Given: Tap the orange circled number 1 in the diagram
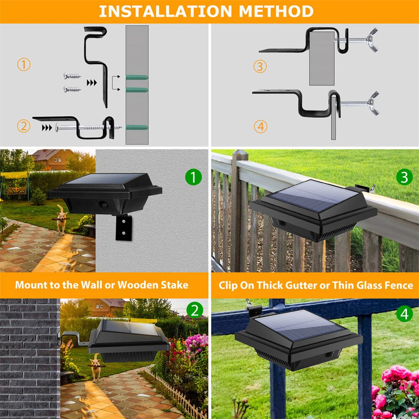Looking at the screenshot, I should click(24, 65).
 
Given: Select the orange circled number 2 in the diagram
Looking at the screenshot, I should click(24, 127).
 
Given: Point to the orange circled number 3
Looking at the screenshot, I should click(260, 67).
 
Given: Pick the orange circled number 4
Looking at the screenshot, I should click(260, 127).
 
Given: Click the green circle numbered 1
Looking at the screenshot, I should click(193, 178).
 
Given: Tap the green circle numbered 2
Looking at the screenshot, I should click(195, 310).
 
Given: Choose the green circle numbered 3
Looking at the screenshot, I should click(404, 177).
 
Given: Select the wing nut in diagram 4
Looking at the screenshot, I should click(373, 103).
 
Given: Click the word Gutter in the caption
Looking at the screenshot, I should click(303, 285).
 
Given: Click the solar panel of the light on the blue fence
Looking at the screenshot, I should click(298, 325).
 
